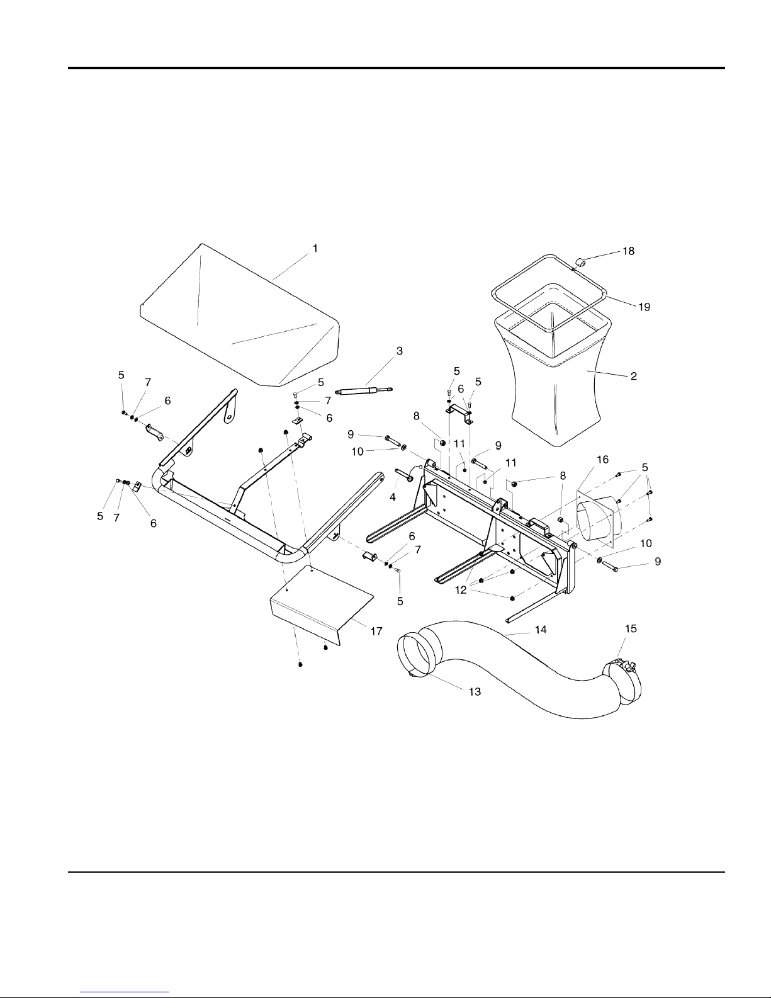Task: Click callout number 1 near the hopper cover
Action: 315,249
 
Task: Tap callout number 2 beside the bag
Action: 634,376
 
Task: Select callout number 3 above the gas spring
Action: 400,351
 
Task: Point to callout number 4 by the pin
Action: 392,497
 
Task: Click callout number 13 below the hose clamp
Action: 475,691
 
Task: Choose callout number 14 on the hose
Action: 541,630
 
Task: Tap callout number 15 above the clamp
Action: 631,629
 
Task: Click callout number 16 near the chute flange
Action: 602,460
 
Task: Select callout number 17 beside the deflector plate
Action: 376,632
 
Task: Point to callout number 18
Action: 628,251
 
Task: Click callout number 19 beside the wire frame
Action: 644,307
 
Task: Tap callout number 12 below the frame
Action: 461,590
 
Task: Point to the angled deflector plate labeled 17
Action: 321,606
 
